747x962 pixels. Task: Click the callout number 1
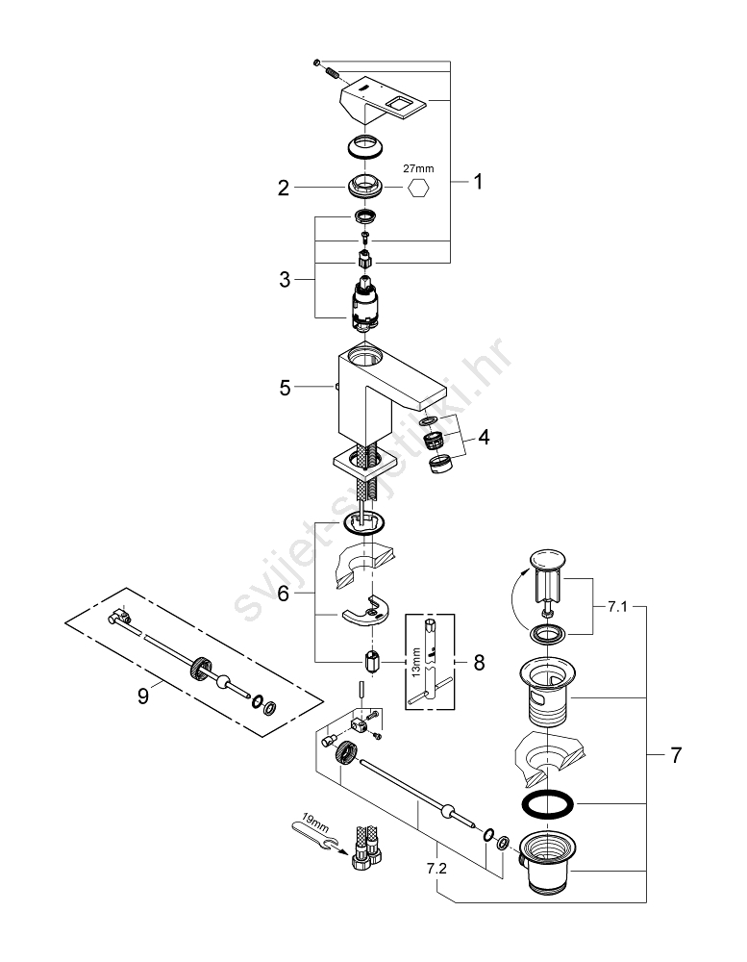tap(477, 181)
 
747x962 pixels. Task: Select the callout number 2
tap(284, 189)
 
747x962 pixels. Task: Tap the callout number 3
tap(284, 280)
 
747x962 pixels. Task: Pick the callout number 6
tap(284, 595)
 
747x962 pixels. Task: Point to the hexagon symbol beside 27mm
tap(420, 189)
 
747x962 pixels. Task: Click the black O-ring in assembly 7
tap(546, 804)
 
